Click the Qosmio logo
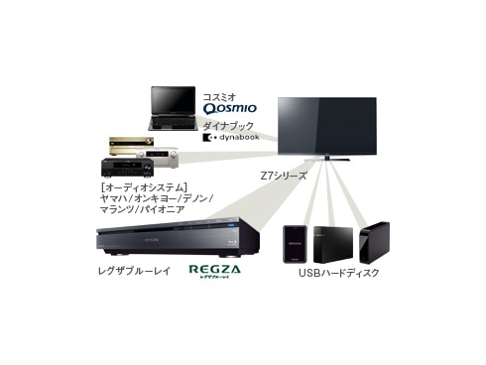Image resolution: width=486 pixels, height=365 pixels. point(229,106)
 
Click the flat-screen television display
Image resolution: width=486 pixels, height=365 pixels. point(326,124)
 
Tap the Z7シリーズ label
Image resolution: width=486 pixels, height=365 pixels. point(287,176)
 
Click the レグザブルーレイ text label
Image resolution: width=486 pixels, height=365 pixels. point(136,270)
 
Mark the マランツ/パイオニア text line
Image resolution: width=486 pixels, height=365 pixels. point(143,211)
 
